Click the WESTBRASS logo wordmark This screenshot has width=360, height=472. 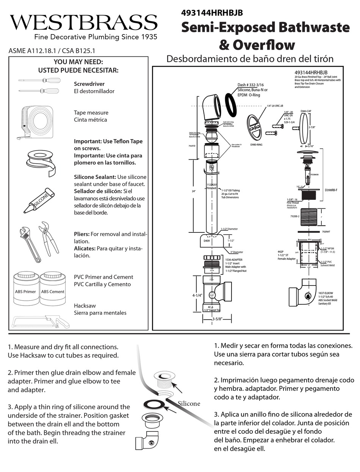click(83, 23)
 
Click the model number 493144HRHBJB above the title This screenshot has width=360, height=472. click(212, 13)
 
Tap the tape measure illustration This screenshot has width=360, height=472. click(37, 121)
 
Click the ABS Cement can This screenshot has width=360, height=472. click(53, 289)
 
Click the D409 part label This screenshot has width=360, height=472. click(207, 240)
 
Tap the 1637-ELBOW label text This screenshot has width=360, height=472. click(315, 293)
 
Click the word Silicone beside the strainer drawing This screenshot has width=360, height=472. click(189, 403)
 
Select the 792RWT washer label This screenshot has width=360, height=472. click(326, 231)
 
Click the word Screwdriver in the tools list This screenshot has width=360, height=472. click(89, 84)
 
